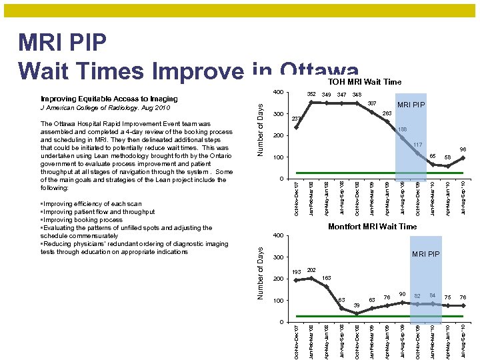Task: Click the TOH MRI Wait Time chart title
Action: [x=364, y=82]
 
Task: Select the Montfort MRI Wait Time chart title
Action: [x=372, y=227]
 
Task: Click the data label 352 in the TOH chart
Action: [x=311, y=95]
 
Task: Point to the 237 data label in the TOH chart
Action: [x=297, y=119]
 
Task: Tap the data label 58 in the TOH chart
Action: [x=448, y=157]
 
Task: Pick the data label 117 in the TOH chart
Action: [x=417, y=145]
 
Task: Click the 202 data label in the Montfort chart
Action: [x=311, y=270]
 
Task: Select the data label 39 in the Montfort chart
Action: [x=357, y=305]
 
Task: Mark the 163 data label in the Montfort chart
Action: [x=327, y=277]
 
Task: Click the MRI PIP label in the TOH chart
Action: [x=411, y=105]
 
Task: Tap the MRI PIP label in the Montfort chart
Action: [x=425, y=254]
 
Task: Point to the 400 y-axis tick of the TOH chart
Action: [x=279, y=92]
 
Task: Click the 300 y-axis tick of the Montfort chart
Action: [x=279, y=257]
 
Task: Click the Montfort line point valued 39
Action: [x=357, y=313]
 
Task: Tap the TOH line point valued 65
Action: [x=433, y=164]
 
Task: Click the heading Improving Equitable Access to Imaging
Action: [x=109, y=99]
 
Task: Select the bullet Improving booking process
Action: [x=82, y=220]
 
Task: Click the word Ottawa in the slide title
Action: [x=319, y=69]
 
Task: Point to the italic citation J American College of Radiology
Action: [x=105, y=107]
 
